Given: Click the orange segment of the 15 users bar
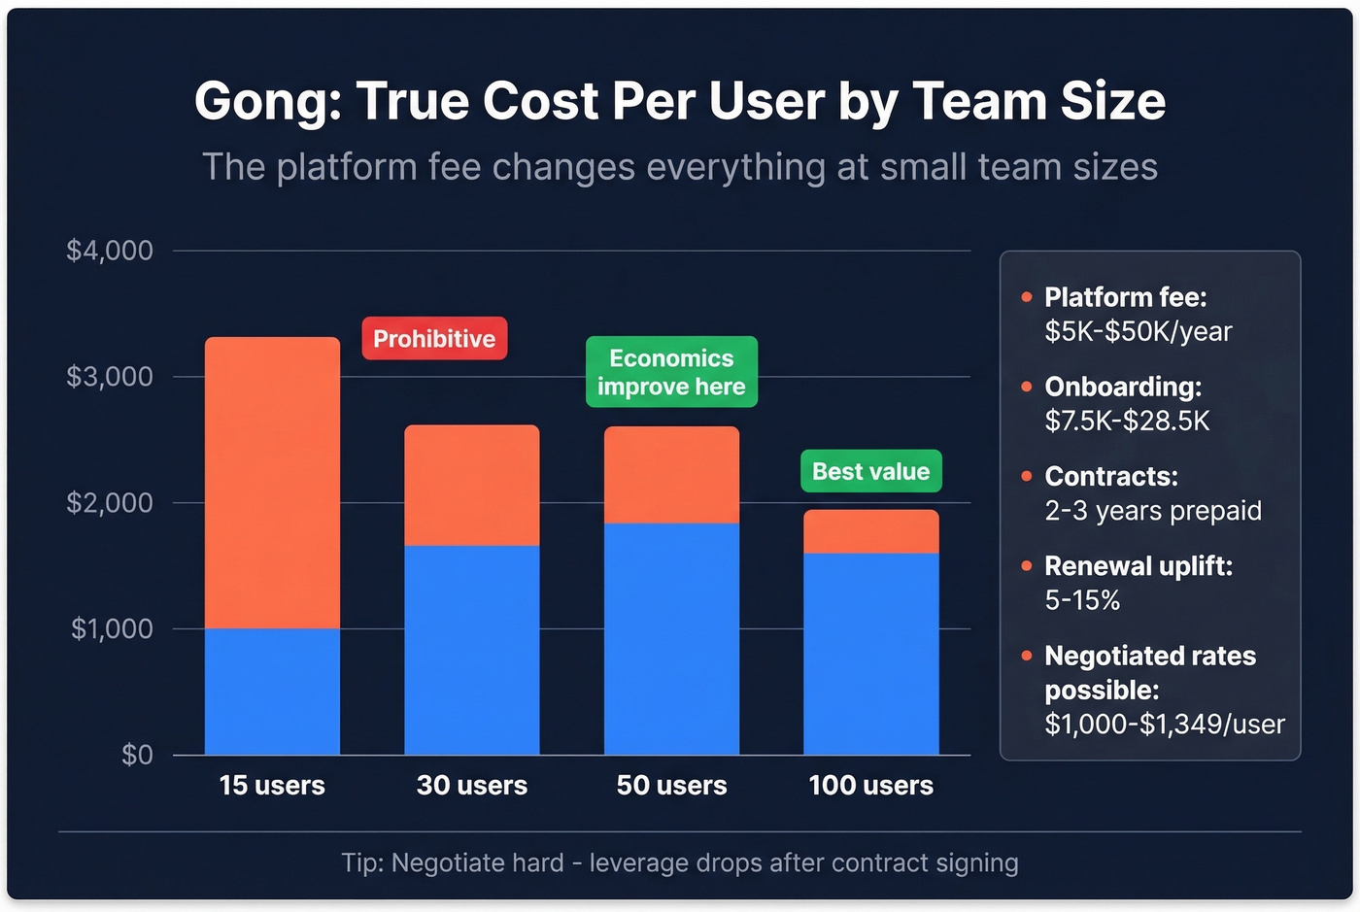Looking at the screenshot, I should (272, 483).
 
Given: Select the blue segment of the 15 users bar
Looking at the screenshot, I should (272, 692).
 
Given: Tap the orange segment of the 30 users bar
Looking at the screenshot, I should (471, 485).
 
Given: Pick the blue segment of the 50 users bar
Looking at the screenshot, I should (671, 638).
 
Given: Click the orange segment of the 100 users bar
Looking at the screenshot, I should (870, 531).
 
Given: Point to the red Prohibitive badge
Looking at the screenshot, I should (434, 339).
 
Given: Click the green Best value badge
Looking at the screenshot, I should (870, 471).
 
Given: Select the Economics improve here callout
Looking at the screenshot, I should (671, 372).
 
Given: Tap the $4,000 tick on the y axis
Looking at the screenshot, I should (110, 251).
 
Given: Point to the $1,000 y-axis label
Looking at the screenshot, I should (112, 628).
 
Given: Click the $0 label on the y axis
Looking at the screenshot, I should (137, 755).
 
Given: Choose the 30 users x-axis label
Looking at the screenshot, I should (471, 785).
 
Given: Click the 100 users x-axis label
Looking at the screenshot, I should (870, 785).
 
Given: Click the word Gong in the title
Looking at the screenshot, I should (267, 101).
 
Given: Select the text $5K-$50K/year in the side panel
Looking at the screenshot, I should (1138, 331).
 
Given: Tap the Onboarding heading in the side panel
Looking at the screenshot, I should (1122, 387).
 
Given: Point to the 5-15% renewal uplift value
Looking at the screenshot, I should (1082, 600).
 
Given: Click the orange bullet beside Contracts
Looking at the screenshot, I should (1027, 476).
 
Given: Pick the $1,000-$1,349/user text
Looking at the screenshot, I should (1164, 724).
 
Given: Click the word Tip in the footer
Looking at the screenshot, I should (361, 862).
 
